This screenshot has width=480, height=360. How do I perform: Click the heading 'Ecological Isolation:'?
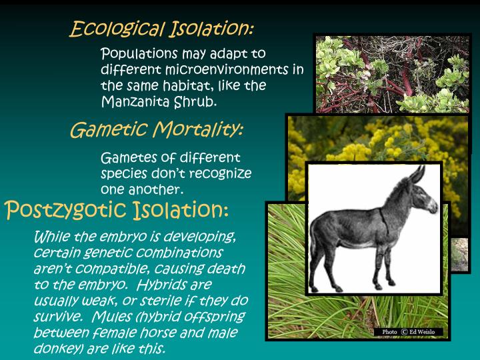click(162, 29)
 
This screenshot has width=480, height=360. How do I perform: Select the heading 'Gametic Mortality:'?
click(156, 129)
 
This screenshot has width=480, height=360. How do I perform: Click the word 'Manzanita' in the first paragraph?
click(130, 102)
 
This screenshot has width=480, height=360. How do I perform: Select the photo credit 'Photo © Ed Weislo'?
click(408, 332)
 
